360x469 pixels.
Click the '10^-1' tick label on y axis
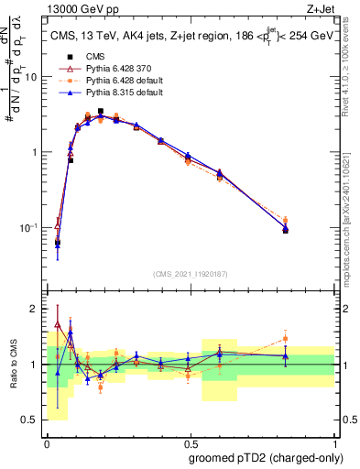click(29, 227)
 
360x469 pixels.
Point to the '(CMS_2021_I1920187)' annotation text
click(190, 274)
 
